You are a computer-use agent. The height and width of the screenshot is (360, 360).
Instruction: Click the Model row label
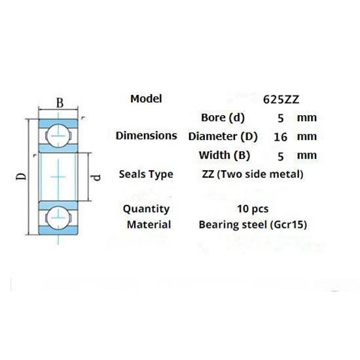(146, 99)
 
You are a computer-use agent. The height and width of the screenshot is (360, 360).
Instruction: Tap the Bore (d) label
(223, 118)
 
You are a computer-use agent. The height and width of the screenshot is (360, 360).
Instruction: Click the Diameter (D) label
(223, 137)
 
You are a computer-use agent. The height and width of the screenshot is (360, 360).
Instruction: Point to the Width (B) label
(223, 155)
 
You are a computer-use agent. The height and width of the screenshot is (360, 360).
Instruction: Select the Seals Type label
(146, 174)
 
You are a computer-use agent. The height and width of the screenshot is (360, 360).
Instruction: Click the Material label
(149, 225)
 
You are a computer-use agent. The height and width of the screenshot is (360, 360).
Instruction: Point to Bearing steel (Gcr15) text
(253, 225)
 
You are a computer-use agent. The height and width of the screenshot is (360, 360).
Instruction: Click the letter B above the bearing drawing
(59, 103)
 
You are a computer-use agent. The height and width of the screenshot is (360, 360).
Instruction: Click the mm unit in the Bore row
(306, 118)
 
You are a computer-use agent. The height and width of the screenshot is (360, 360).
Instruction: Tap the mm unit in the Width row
(306, 155)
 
